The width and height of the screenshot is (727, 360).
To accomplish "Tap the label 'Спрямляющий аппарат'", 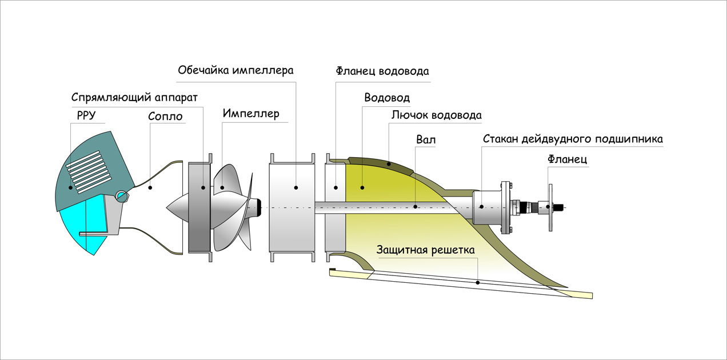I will coord(135,97).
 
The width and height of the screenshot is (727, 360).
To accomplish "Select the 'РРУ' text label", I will coord(86,115).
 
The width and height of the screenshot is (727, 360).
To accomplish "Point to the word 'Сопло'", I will coord(165,117).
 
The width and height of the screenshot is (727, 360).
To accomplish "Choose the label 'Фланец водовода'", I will coord(382,71).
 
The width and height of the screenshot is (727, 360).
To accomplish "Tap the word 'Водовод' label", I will coord(387,97).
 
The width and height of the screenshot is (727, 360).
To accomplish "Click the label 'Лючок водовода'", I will coord(436,115).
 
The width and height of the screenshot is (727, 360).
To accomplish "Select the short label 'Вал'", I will coord(425,139).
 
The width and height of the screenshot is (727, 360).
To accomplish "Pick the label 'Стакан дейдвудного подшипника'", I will coord(573,139).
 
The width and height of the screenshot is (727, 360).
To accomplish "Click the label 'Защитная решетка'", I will coord(425,250).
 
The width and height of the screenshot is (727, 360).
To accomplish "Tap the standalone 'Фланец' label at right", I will coord(567,160).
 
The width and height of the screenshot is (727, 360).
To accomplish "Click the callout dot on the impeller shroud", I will coord(296,187).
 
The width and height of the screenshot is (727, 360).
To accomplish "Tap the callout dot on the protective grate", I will coord(477,282).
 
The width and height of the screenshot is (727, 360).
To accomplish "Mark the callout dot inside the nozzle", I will coord(150,187).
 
